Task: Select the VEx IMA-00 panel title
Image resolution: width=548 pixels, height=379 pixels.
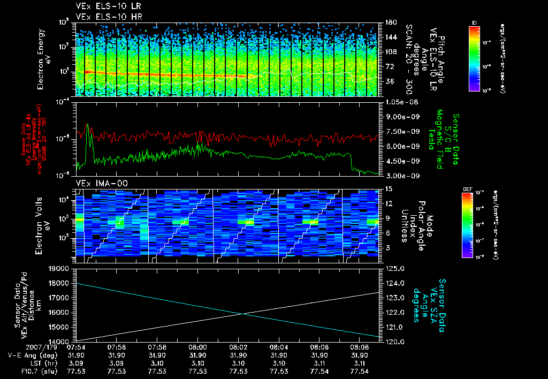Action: point(96,183)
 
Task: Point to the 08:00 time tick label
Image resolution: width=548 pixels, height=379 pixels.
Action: point(198,347)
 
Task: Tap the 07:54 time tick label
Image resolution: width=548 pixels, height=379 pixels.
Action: point(77,347)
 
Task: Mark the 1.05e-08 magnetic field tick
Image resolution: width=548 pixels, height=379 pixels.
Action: point(399,102)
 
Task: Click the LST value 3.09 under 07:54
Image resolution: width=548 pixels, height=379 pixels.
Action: point(77,362)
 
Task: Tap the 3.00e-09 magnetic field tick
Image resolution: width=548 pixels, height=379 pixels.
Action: point(399,175)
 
